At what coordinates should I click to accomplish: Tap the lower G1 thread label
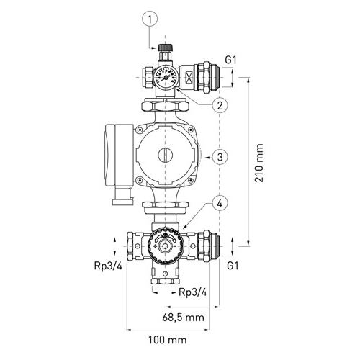[231, 266]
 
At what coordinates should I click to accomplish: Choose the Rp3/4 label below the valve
[193, 293]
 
